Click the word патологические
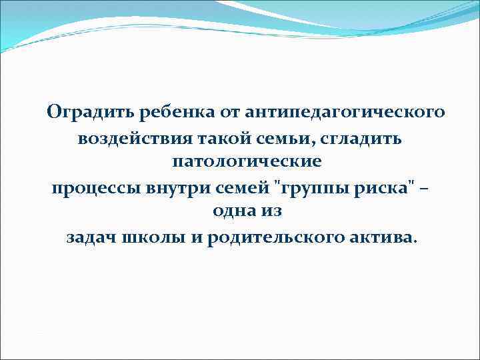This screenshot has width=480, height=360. click(x=246, y=162)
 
